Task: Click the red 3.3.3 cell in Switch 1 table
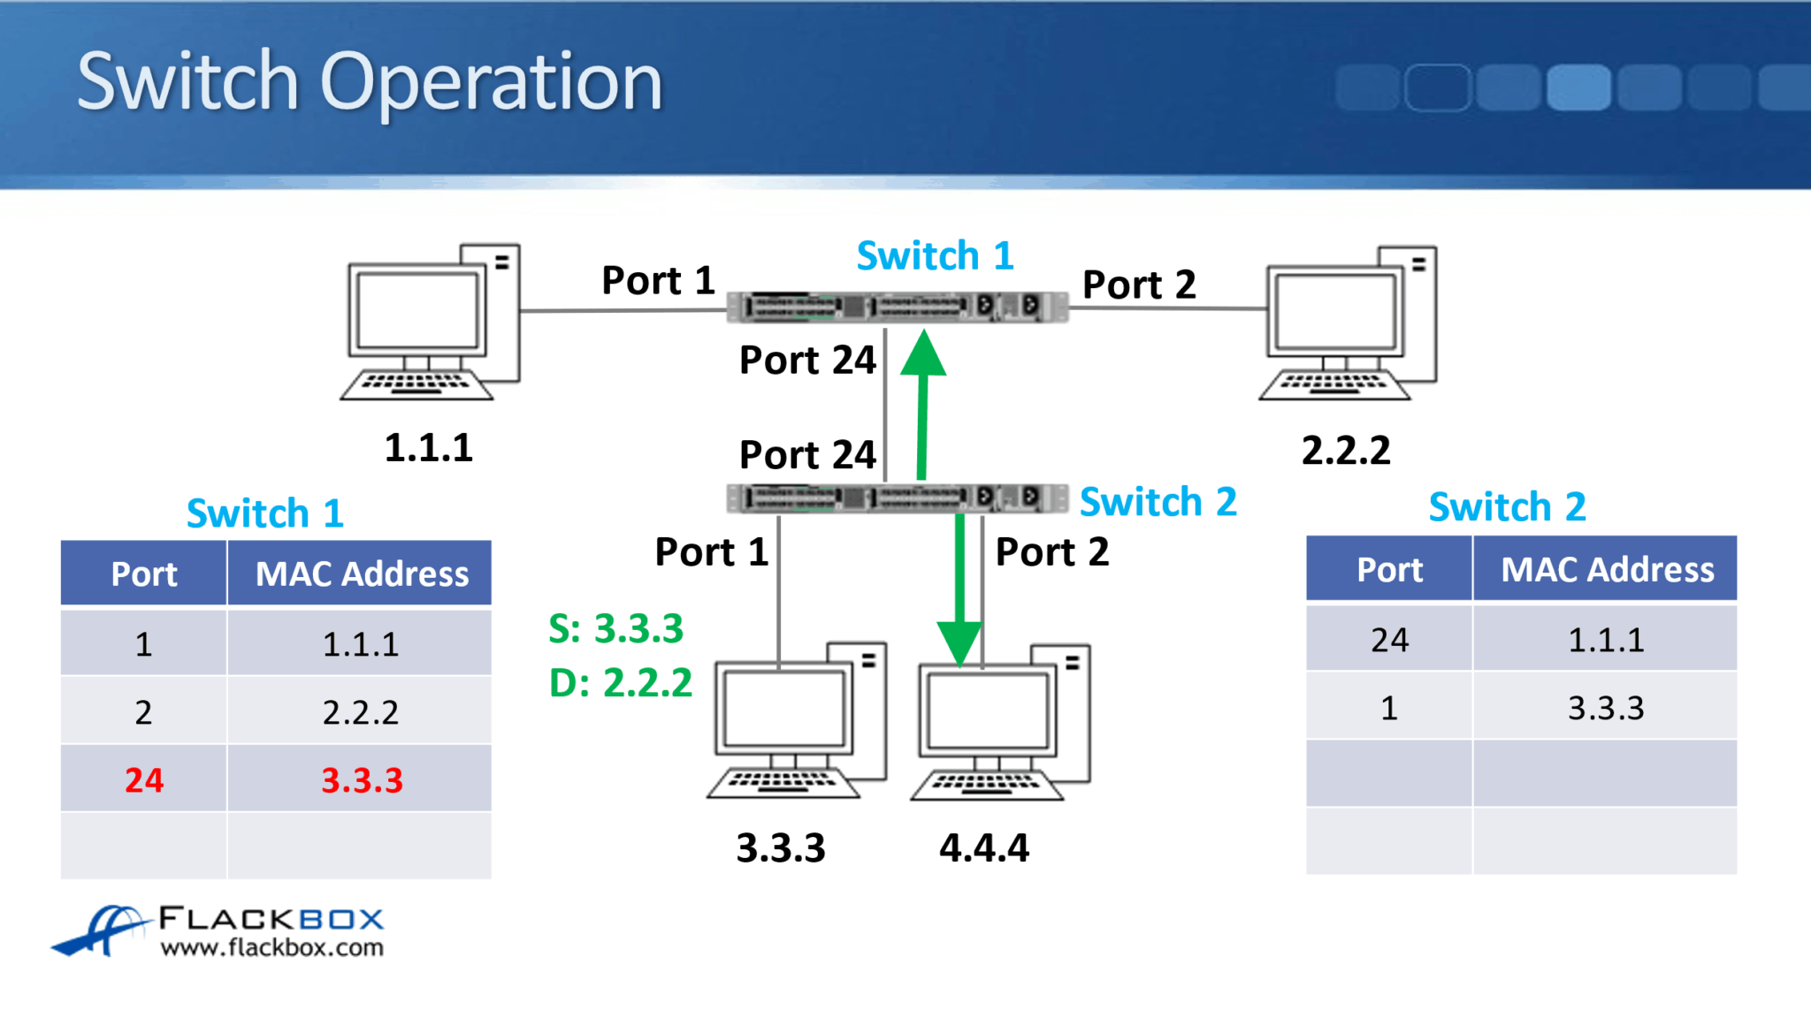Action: [x=361, y=779]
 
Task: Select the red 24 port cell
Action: [x=143, y=779]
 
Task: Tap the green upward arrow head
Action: [x=923, y=354]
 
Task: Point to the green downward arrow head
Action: [x=959, y=643]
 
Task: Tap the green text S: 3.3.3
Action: [x=616, y=629]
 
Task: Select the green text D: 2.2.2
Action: [x=621, y=683]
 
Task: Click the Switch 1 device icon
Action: [x=897, y=307]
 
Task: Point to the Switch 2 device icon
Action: [x=897, y=498]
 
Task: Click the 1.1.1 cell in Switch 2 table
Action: [x=1605, y=640]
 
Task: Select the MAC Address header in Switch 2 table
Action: [x=1607, y=570]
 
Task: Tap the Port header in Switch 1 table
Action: [x=143, y=574]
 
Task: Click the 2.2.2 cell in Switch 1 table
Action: [x=360, y=712]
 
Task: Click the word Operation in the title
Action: [x=491, y=82]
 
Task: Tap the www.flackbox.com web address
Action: [x=271, y=948]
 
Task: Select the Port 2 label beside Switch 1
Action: [x=1139, y=285]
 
